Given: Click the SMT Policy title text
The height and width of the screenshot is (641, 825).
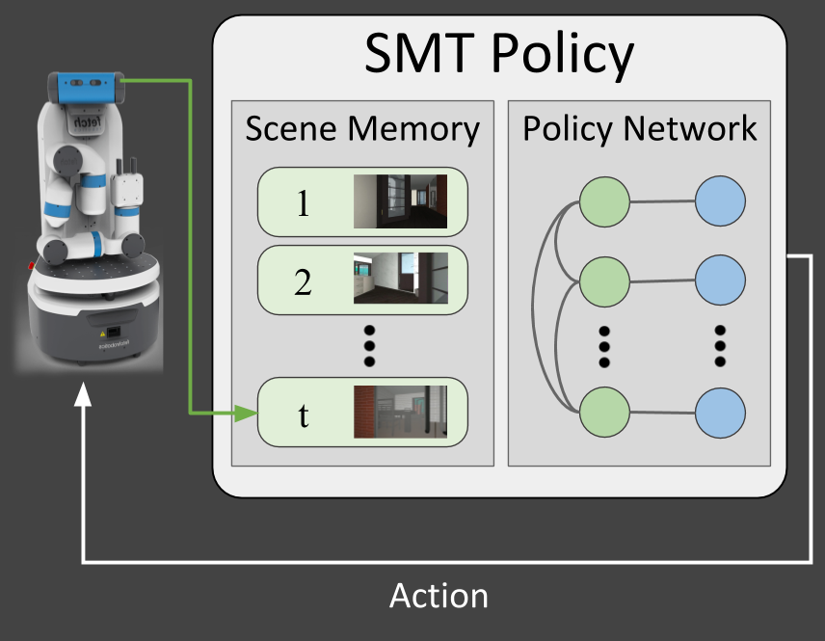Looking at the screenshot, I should tap(499, 55).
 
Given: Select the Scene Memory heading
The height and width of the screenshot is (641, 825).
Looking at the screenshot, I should tap(362, 130).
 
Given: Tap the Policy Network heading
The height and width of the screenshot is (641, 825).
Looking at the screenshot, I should tap(640, 129).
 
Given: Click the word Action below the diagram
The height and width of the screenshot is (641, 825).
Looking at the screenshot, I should tap(439, 597).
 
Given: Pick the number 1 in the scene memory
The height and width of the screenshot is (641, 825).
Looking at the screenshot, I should tap(303, 203).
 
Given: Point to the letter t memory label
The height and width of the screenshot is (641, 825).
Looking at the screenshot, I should tap(304, 415).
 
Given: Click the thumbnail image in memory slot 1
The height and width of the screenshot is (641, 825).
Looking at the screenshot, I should tap(400, 201).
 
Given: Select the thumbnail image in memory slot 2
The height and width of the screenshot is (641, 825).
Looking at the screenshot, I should tap(400, 280).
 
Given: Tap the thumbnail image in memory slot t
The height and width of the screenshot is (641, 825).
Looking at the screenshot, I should tap(400, 413).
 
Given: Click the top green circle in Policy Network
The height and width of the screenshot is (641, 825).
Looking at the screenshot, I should tap(604, 202).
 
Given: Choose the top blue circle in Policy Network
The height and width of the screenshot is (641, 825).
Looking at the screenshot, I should tap(720, 202).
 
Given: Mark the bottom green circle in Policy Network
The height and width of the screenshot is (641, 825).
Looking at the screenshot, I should tap(604, 413).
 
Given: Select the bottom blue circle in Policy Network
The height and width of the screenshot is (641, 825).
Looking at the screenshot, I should tap(720, 413).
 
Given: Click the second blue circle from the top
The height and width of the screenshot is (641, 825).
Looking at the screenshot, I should tap(720, 280).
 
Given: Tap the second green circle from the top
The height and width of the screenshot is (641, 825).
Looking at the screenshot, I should tap(604, 280).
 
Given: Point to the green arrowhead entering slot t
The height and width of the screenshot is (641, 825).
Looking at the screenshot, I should tap(247, 415).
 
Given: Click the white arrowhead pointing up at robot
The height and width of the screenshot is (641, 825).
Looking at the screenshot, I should tap(85, 395).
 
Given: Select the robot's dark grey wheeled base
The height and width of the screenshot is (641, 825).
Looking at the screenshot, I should tap(92, 328).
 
